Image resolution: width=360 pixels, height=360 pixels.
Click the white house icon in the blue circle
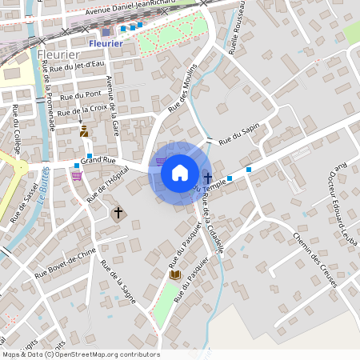coord(179,172)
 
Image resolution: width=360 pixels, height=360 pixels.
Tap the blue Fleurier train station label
coord(106,43)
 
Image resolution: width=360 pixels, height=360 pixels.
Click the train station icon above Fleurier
coord(106,32)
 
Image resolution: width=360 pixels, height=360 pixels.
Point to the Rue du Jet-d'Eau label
coord(78,66)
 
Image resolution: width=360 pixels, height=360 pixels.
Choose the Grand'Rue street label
coord(98,160)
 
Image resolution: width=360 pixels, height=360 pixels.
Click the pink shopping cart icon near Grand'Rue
coord(77,176)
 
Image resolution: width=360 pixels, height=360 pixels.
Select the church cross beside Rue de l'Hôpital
coord(118,213)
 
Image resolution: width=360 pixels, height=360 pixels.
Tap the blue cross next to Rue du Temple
coord(208,178)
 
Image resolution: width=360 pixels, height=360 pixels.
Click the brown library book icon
coord(174,274)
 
